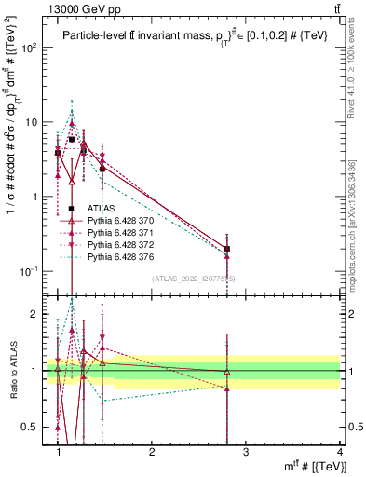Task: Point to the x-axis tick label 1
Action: click(59, 452)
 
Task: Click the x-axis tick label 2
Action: click(152, 452)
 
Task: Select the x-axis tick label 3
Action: click(245, 452)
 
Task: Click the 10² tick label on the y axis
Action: click(33, 48)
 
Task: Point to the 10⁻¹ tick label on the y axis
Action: click(33, 271)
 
